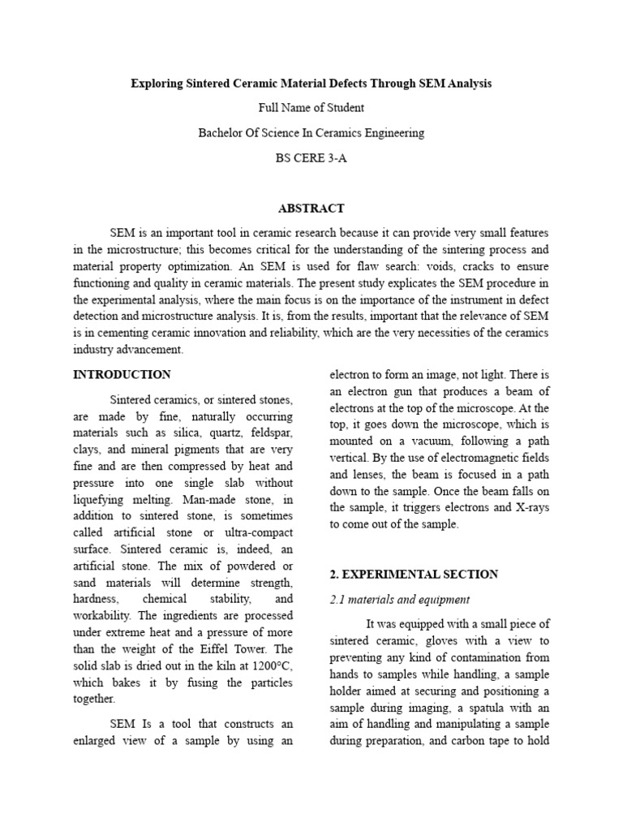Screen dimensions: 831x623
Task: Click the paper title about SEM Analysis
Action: coord(311,84)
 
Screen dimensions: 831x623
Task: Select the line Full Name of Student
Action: coord(311,108)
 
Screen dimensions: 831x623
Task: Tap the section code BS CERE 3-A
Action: coord(311,157)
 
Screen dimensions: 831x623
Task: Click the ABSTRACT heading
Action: coord(311,209)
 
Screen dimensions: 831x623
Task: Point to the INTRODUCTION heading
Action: coord(122,374)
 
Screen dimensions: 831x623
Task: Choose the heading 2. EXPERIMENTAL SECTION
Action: coord(413,574)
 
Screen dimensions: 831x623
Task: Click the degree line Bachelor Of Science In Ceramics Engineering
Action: coord(311,132)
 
